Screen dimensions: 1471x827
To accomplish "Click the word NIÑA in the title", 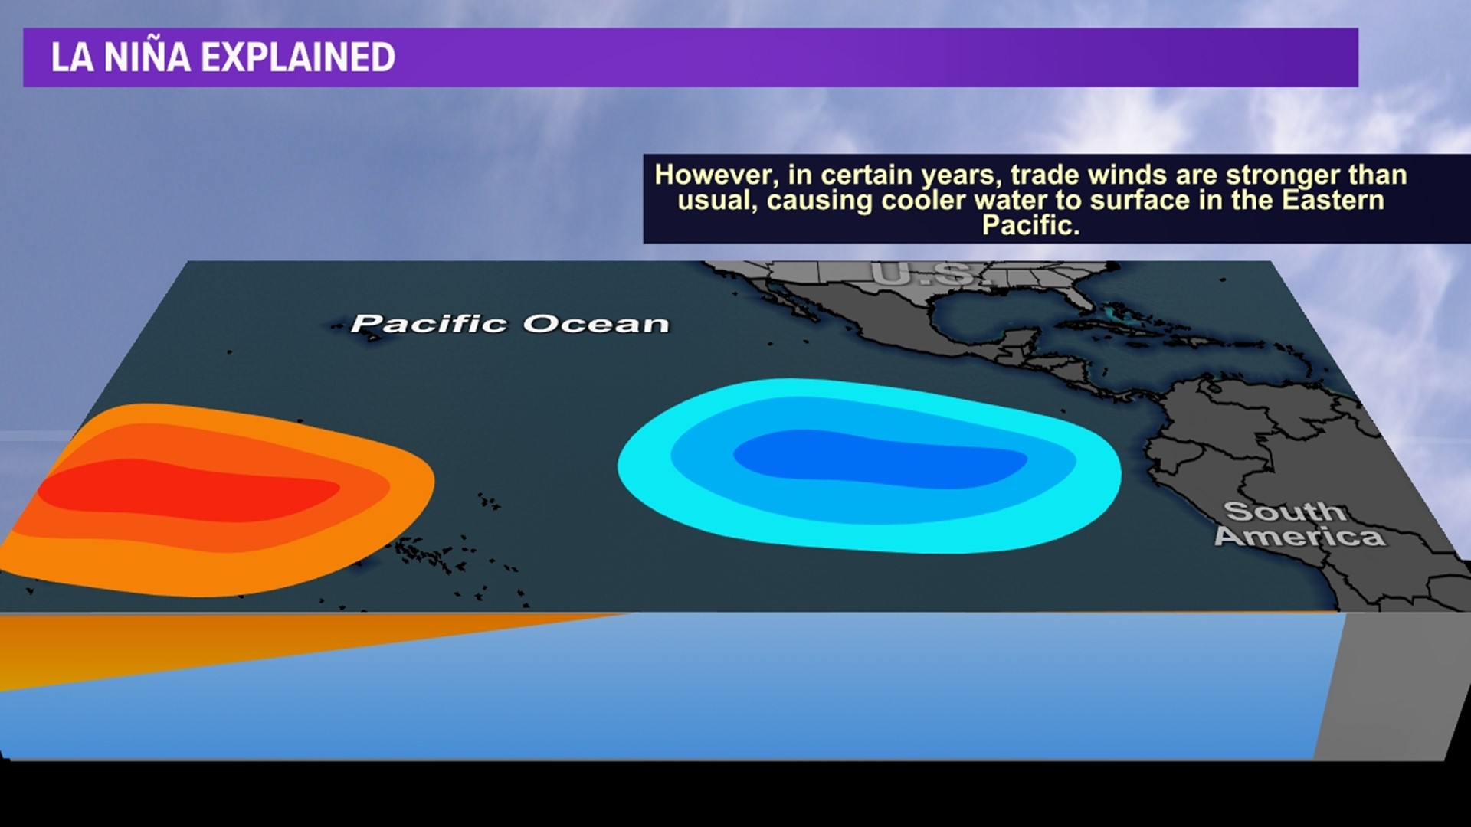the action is click(146, 57).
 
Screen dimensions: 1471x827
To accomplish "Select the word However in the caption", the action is click(716, 175).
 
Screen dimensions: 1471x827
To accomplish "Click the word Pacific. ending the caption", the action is click(1030, 225).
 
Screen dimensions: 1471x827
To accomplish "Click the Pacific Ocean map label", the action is click(510, 324).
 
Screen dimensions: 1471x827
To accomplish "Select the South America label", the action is click(1300, 524).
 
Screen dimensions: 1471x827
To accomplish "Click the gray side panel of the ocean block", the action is click(1391, 685).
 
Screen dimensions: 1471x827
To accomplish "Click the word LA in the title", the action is click(72, 57).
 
